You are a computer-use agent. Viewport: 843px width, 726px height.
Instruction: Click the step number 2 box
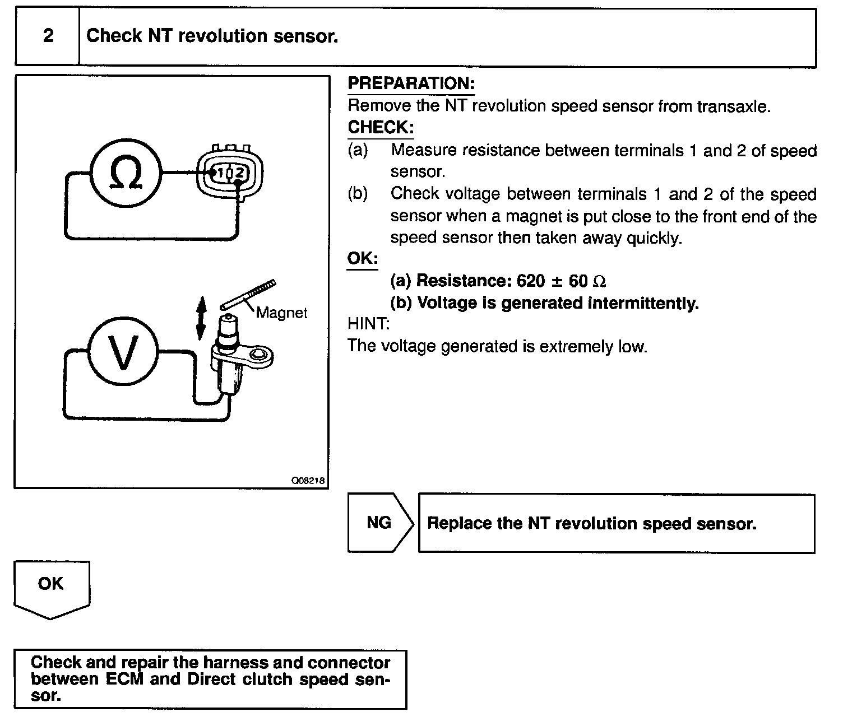(x=48, y=36)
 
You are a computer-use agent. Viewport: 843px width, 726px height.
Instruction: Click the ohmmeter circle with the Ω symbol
(x=126, y=174)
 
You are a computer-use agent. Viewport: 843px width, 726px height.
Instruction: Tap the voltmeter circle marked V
(x=123, y=352)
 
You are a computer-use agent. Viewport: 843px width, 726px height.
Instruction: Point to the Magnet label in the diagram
(x=281, y=313)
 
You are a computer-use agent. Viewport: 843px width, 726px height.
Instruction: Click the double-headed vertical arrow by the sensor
(x=201, y=318)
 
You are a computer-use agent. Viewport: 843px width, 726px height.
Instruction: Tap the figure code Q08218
(x=308, y=481)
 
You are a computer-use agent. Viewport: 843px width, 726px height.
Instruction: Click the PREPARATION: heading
(x=411, y=84)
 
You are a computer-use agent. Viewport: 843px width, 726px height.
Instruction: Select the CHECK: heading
(x=381, y=128)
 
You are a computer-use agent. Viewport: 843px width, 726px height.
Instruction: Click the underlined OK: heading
(x=362, y=259)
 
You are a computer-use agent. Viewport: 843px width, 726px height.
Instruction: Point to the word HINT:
(x=368, y=324)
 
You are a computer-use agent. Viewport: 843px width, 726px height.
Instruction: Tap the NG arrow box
(x=380, y=523)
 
